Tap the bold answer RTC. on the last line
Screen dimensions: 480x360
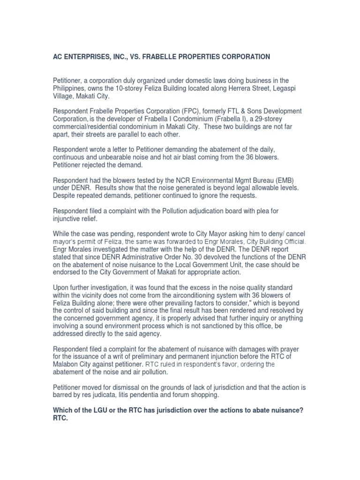[60, 418]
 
